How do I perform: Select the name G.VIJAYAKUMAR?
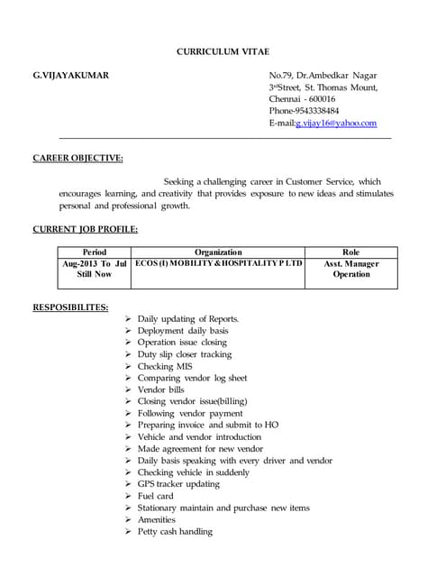pos(71,75)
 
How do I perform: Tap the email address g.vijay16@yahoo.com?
pos(336,124)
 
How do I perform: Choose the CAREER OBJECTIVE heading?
pos(78,159)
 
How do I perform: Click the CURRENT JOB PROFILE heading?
pos(86,229)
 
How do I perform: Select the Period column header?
pos(95,252)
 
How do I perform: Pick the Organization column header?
pos(218,252)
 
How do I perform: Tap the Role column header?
pos(351,252)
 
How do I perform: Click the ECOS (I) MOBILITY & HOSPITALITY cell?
pos(218,264)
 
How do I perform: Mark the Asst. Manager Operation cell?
pos(351,269)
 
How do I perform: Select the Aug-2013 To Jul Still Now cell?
pos(95,269)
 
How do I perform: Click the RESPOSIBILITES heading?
pos(70,307)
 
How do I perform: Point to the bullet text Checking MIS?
pos(164,366)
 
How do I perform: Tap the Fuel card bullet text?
pos(155,496)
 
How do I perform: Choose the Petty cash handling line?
pos(175,531)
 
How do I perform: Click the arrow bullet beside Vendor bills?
pos(129,389)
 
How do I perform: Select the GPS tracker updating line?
pos(178,484)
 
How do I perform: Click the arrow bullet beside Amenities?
pos(129,519)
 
